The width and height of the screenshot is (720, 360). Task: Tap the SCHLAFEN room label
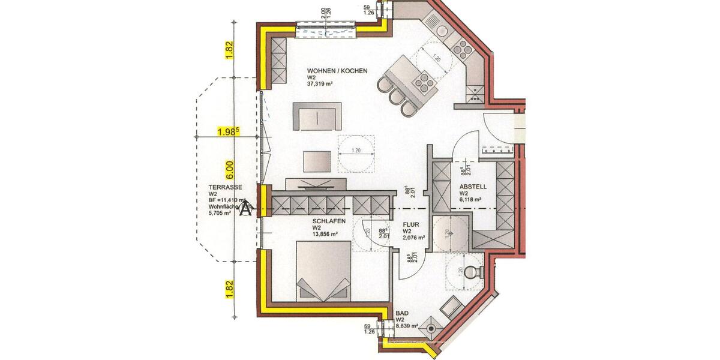point(328,221)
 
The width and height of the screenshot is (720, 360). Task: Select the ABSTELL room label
point(473,187)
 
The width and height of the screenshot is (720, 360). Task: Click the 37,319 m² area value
point(320,85)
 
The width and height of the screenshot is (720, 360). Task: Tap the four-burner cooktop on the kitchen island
point(424,81)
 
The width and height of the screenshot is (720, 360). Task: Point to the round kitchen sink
point(443,30)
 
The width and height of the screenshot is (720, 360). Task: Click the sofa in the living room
point(317,116)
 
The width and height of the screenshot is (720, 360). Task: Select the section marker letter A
point(245,209)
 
